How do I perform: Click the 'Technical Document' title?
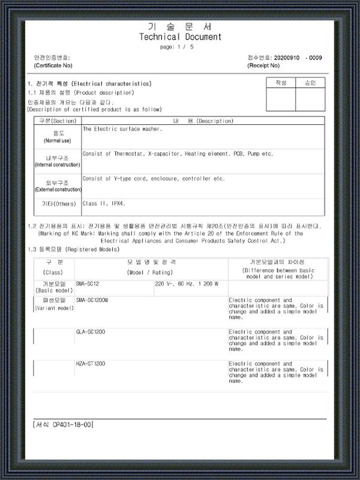[180, 37]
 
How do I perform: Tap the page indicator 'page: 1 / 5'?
[178, 46]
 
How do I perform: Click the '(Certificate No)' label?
[53, 65]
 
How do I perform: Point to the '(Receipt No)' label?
[263, 65]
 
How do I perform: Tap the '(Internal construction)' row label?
[57, 164]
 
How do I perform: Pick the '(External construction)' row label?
[57, 189]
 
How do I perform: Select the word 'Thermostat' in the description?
[128, 154]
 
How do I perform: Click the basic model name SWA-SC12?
[88, 283]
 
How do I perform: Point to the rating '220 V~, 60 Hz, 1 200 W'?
[187, 283]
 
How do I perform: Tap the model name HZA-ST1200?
[91, 364]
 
